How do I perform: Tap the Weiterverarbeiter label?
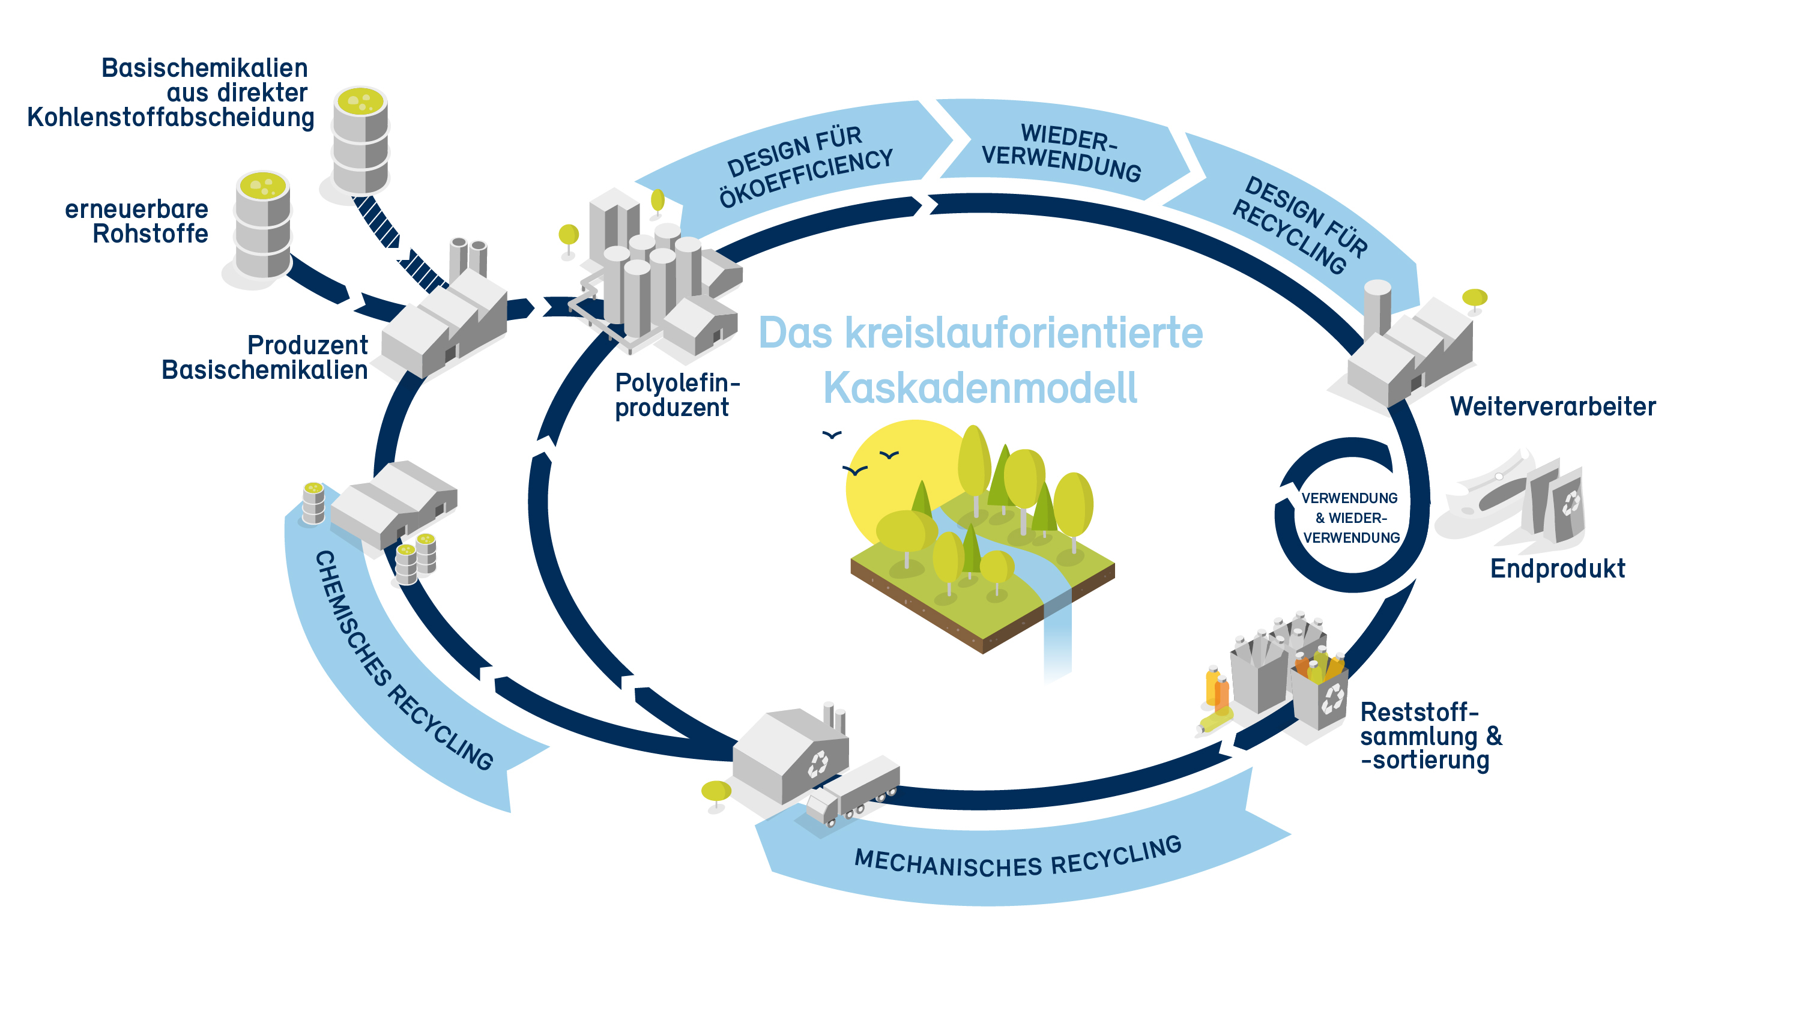coord(1552,406)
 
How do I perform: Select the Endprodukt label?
coord(1557,569)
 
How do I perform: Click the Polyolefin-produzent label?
coord(676,395)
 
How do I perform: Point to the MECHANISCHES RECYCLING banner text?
coord(1018,858)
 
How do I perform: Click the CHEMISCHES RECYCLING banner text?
coord(402,661)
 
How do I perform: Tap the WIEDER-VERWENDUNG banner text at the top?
coord(1061,152)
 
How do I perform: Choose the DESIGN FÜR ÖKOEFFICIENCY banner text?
coord(808,166)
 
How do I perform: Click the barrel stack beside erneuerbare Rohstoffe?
coord(263,225)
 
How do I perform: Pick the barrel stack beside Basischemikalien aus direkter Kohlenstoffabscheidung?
coord(360,140)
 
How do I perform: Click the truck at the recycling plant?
coord(853,789)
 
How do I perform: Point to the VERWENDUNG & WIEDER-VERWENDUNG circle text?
coord(1350,518)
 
